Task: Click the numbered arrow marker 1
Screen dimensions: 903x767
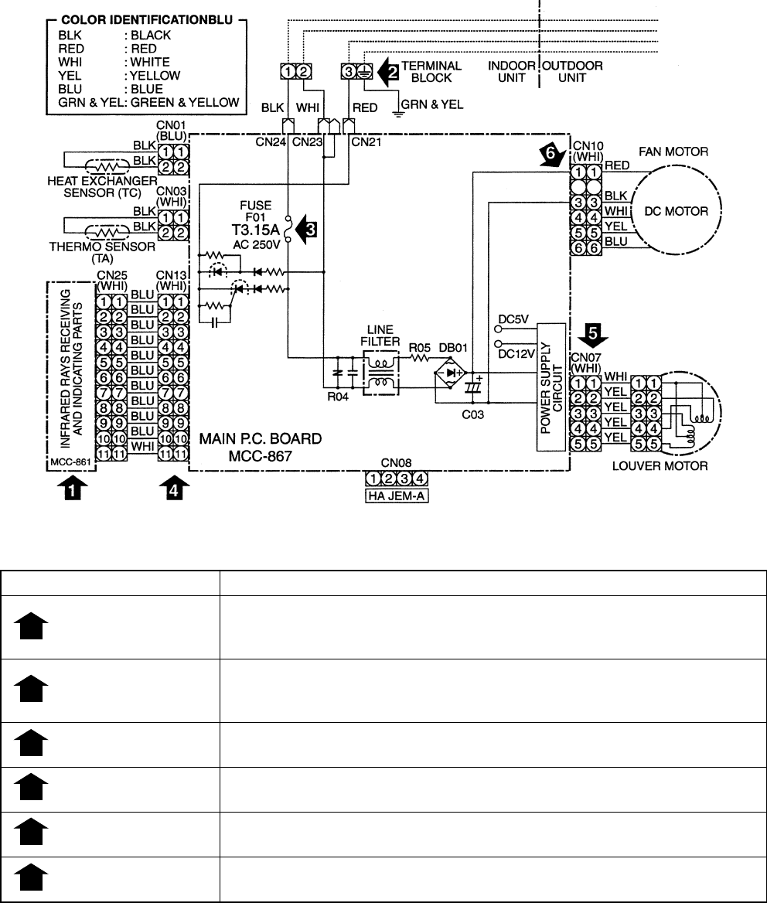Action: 73,489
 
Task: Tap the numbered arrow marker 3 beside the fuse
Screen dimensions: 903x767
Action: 312,228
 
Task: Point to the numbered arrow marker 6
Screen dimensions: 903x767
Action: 550,155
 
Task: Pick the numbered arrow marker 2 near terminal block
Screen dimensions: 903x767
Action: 393,72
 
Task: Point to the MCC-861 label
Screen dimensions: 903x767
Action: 67,464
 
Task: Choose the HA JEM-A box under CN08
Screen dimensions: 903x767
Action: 397,496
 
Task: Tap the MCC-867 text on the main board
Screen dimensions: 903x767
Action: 261,456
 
